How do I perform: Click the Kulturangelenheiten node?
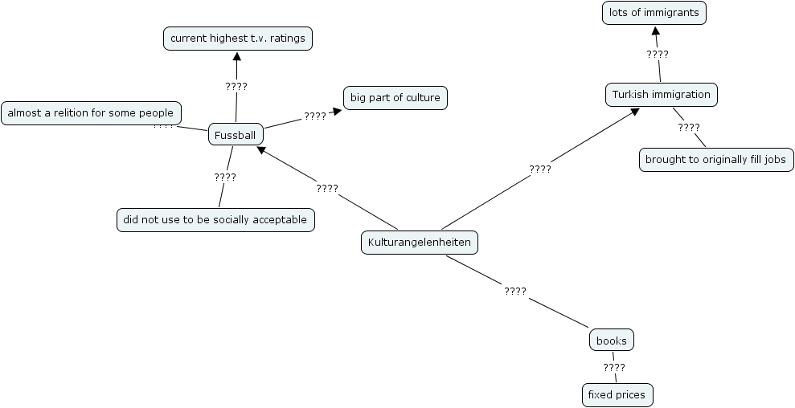419,242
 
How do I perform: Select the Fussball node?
236,135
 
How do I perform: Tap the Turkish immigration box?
661,95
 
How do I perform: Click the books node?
612,341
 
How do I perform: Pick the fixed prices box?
617,395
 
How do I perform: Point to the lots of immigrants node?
654,13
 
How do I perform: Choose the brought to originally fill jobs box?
715,160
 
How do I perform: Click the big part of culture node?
395,98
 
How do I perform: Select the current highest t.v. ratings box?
237,38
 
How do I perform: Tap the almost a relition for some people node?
91,113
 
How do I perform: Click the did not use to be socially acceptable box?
215,219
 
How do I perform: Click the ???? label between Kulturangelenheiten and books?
515,291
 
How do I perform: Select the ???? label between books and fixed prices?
614,368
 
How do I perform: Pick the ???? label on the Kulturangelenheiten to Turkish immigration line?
540,169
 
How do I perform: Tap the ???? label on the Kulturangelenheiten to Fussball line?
327,188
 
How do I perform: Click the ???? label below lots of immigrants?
658,54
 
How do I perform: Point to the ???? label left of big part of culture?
315,116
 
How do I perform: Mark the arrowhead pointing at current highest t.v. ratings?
237,55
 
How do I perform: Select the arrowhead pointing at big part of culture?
337,112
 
